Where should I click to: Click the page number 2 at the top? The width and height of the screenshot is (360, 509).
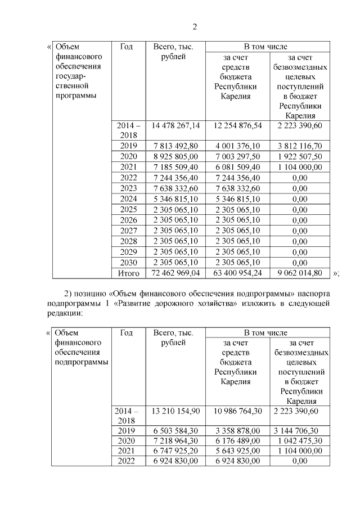194,27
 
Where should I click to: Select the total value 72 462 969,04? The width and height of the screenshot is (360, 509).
176,273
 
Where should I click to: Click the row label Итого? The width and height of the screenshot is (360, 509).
128,273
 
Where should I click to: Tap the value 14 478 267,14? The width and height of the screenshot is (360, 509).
176,125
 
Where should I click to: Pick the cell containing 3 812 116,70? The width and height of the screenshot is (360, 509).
300,146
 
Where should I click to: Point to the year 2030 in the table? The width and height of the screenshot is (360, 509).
128,262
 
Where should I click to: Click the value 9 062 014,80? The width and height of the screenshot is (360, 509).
300,273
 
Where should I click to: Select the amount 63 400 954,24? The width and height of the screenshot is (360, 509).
237,273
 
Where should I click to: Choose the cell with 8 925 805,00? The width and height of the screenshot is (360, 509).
176,156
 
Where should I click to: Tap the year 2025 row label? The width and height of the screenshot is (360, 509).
128,209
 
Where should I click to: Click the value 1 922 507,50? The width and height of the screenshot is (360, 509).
300,156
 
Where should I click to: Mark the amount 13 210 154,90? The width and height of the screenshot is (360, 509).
176,412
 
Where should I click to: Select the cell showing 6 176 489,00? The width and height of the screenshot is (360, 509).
237,441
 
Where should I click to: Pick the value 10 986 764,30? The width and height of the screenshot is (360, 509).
237,412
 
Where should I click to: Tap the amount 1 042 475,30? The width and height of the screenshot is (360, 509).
300,441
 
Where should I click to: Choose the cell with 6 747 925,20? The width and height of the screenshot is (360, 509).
176,451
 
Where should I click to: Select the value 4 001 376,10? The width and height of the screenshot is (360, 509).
237,146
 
